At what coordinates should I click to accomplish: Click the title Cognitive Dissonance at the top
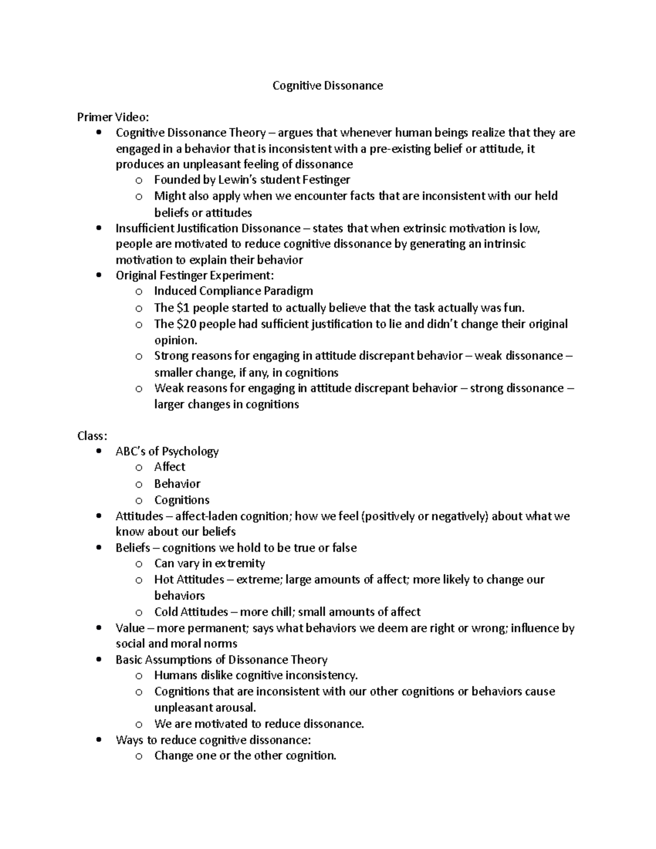[x=327, y=86]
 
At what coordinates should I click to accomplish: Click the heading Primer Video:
[x=113, y=117]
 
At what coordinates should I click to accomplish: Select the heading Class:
[x=92, y=436]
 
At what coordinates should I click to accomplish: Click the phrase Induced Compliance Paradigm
[x=233, y=291]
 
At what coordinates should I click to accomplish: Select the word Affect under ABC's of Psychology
[x=169, y=467]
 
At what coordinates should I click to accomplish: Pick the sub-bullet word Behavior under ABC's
[x=177, y=484]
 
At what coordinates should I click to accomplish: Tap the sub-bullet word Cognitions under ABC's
[x=181, y=500]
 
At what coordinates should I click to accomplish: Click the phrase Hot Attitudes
[x=189, y=579]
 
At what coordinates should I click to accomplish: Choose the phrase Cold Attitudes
[x=191, y=612]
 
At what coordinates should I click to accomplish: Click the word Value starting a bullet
[x=130, y=628]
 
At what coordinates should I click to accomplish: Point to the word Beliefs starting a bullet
[x=132, y=548]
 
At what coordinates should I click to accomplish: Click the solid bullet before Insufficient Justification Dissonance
[x=98, y=228]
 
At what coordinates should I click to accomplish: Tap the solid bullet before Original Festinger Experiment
[x=98, y=276]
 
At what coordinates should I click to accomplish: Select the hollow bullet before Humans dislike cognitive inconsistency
[x=139, y=676]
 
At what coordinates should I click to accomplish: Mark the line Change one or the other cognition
[x=245, y=756]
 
